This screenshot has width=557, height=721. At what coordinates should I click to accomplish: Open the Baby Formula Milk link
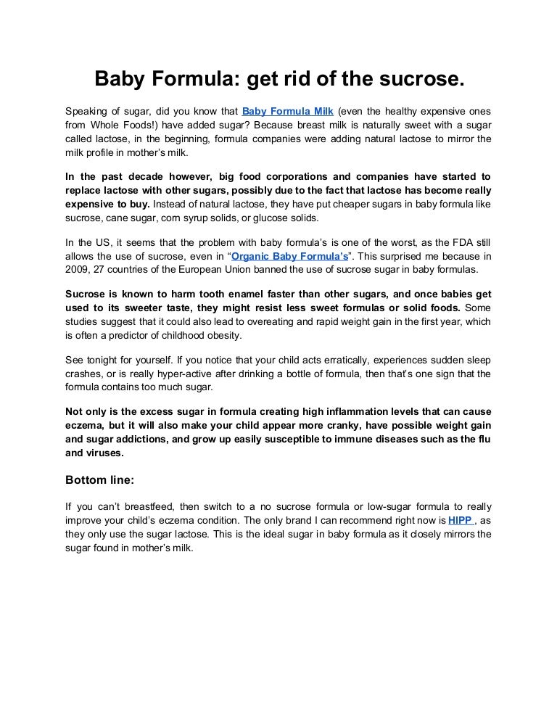click(287, 111)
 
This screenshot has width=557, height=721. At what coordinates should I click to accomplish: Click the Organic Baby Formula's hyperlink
click(289, 256)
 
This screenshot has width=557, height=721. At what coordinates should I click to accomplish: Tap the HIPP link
click(460, 520)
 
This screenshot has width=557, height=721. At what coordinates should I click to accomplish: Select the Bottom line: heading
click(100, 479)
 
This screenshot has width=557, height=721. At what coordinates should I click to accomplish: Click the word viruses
click(104, 453)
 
